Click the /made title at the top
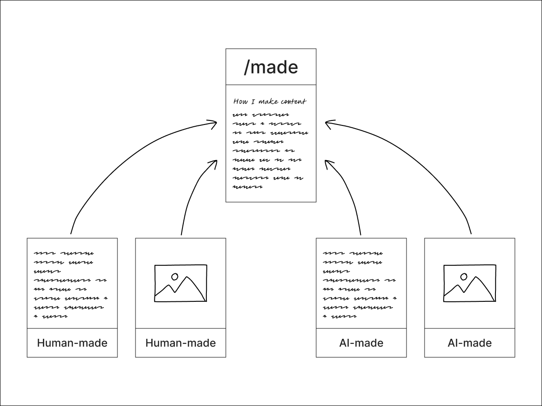[x=271, y=67]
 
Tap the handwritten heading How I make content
[x=270, y=101]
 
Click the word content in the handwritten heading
[x=293, y=101]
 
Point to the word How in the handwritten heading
[x=240, y=101]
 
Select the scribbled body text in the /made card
[x=270, y=150]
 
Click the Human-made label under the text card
[x=72, y=343]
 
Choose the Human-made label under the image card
[x=181, y=343]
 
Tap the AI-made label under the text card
[x=361, y=343]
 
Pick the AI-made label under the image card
[x=470, y=343]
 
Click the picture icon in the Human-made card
[x=181, y=283]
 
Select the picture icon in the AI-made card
[x=470, y=283]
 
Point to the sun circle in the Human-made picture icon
[x=174, y=276]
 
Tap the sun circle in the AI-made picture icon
[x=463, y=276]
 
